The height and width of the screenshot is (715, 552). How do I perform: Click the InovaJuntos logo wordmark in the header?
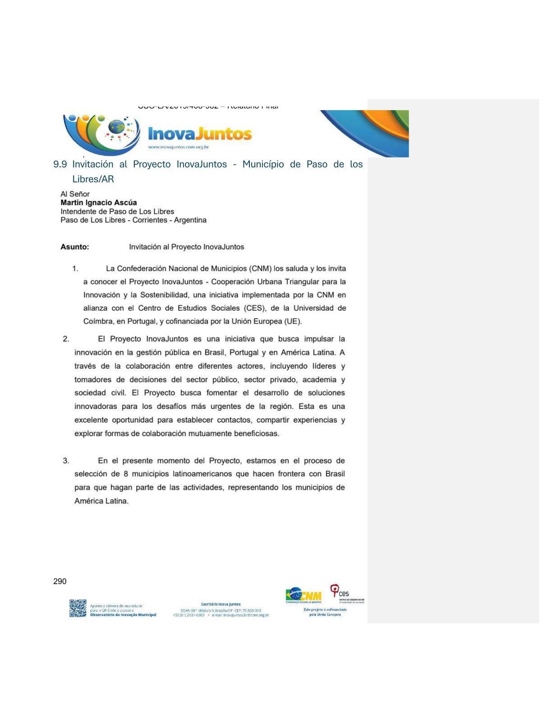pyautogui.click(x=200, y=134)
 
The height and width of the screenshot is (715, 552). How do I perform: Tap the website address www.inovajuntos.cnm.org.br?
pyautogui.click(x=178, y=147)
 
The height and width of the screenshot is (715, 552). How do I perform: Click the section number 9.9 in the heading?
pyautogui.click(x=60, y=164)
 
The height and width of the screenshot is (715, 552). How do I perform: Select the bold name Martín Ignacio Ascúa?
pyautogui.click(x=99, y=203)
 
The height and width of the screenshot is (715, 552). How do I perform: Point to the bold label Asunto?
pyautogui.click(x=75, y=247)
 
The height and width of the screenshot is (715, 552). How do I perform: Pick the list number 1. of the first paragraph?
pyautogui.click(x=75, y=269)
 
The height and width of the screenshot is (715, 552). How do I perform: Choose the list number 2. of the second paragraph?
pyautogui.click(x=66, y=339)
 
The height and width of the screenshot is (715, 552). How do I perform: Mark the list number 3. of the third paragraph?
pyautogui.click(x=66, y=461)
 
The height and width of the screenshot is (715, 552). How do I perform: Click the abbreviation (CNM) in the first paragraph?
pyautogui.click(x=260, y=269)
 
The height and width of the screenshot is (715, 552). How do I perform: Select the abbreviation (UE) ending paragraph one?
pyautogui.click(x=293, y=321)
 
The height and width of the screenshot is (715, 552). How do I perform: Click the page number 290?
pyautogui.click(x=60, y=581)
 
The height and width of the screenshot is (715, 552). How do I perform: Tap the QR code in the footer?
pyautogui.click(x=78, y=608)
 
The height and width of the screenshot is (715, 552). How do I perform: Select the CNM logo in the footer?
pyautogui.click(x=304, y=594)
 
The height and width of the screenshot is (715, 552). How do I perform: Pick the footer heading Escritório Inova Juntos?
pyautogui.click(x=221, y=604)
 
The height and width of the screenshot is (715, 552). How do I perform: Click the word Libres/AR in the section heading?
pyautogui.click(x=93, y=179)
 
